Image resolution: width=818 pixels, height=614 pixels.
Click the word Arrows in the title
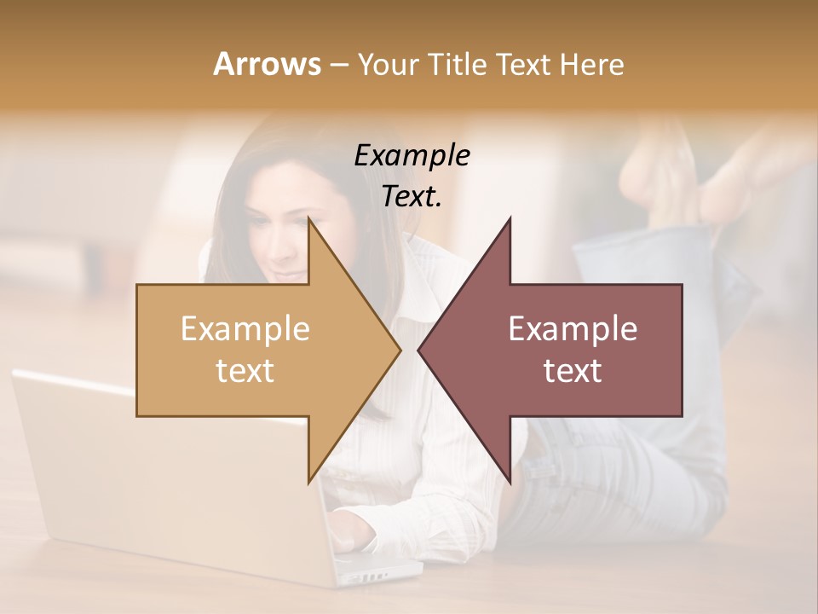267,64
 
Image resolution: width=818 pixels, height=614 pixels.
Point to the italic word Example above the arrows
412,155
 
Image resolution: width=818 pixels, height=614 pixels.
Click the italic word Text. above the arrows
412,196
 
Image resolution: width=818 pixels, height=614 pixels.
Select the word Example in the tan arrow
245,328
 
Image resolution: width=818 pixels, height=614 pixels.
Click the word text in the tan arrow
245,370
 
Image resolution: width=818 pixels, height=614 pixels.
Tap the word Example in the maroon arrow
573,328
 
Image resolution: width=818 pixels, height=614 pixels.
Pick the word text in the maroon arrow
573,370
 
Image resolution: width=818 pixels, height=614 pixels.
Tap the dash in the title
338,65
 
